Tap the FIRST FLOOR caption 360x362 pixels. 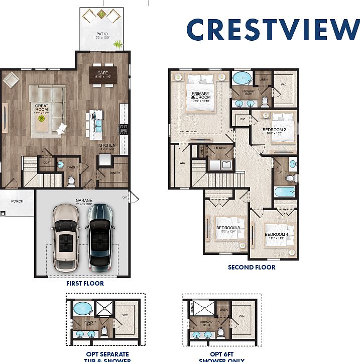(x=85, y=284)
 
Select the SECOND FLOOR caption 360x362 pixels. (x=252, y=267)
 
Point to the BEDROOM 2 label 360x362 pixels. (x=274, y=129)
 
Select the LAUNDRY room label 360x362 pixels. (x=220, y=149)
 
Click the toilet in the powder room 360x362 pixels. (x=71, y=180)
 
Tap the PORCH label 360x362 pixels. (x=17, y=201)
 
